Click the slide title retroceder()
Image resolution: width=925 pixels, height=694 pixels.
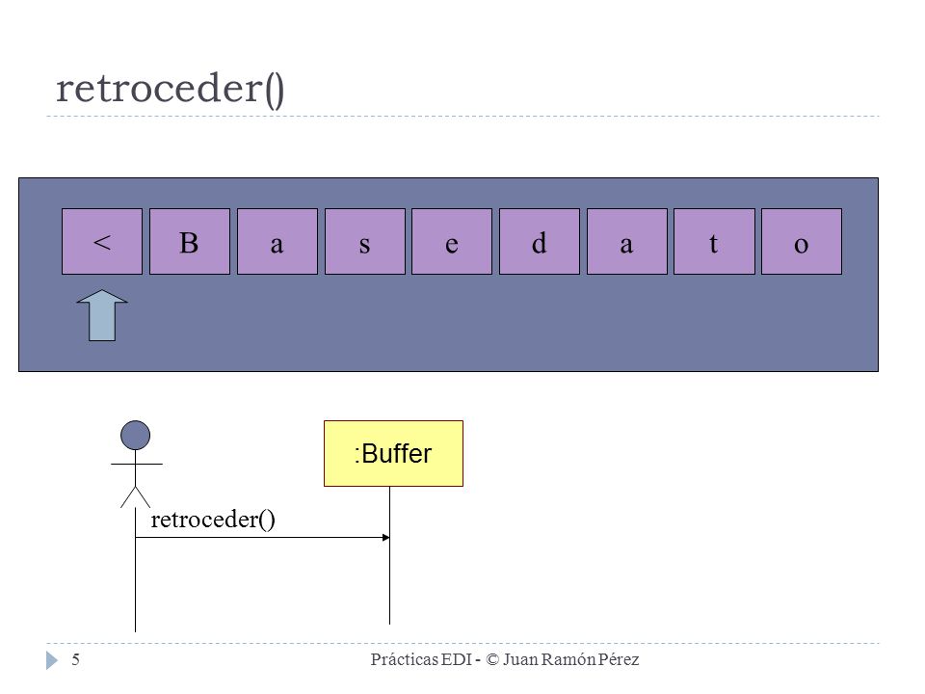(170, 89)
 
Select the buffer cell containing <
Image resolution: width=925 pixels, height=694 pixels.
(102, 241)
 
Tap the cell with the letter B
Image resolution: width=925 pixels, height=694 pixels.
(190, 241)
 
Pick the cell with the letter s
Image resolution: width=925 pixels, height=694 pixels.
(365, 241)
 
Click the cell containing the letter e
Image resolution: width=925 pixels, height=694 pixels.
(452, 241)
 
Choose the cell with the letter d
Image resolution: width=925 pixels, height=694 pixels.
(540, 241)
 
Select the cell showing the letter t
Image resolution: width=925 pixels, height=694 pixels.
(714, 241)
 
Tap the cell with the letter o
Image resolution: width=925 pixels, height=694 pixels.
(802, 241)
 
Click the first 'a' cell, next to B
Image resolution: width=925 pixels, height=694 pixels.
(277, 241)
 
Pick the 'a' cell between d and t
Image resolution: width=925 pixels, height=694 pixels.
(627, 241)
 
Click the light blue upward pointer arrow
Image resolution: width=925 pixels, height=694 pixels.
(102, 315)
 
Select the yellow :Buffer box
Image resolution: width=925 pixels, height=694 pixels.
(393, 453)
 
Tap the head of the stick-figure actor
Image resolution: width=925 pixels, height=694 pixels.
(135, 436)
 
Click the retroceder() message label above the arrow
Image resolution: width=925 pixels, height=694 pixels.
(213, 520)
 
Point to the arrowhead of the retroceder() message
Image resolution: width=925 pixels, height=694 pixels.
(386, 537)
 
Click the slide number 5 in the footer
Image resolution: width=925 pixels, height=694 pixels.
(75, 659)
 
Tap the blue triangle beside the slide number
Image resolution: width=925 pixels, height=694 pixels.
(52, 660)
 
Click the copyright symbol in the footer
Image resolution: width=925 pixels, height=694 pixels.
(492, 659)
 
